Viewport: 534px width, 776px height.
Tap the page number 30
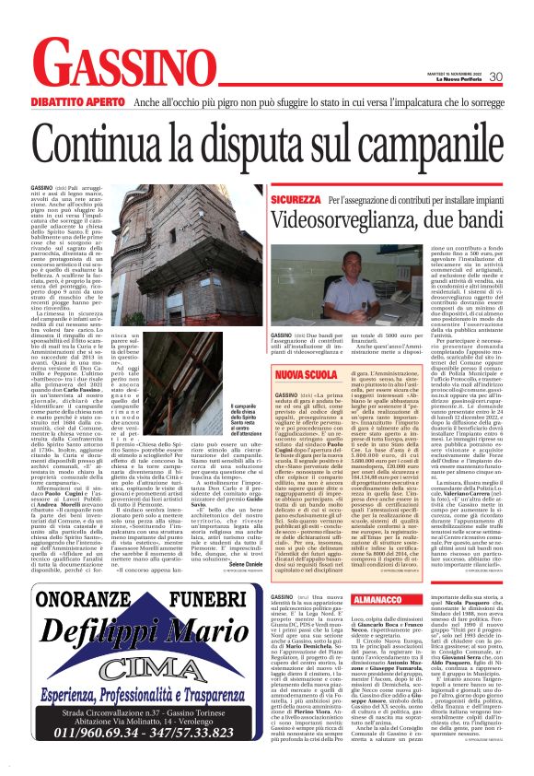(496, 76)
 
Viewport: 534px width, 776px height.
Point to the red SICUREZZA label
(296, 199)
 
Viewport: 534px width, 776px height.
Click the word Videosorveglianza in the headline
(355, 222)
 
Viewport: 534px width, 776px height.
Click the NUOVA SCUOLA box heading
(299, 374)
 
